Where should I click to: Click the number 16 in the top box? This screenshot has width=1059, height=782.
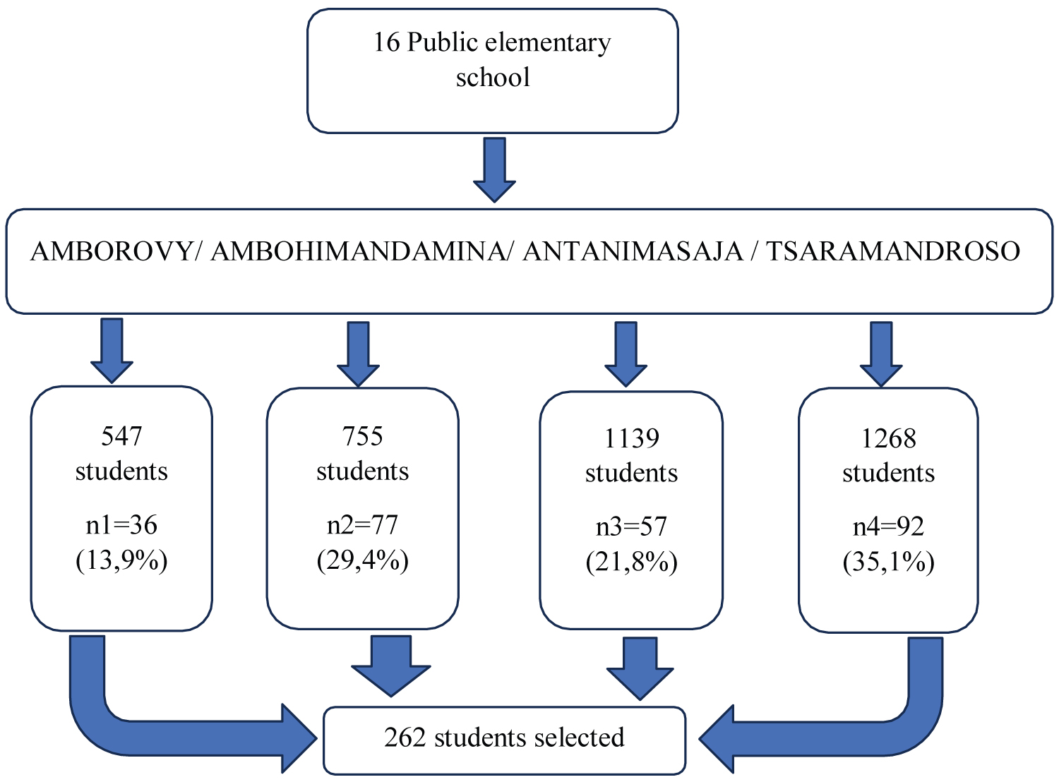click(386, 43)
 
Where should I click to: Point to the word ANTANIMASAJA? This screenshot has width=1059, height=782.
click(633, 252)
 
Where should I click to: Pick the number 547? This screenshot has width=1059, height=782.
click(121, 436)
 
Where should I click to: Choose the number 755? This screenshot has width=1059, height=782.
click(362, 436)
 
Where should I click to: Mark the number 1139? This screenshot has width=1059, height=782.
click(631, 438)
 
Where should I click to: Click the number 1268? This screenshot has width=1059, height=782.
click(888, 438)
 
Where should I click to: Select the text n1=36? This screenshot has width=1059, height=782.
click(121, 525)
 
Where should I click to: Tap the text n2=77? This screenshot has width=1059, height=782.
click(362, 525)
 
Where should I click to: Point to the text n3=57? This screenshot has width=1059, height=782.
click(631, 527)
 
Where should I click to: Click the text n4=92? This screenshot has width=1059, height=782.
click(888, 527)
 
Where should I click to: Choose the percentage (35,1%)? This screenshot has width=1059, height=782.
click(888, 563)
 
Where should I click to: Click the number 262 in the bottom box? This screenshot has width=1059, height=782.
click(405, 738)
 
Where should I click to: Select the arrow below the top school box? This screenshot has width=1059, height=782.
click(494, 169)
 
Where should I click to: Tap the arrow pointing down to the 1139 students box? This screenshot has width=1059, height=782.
click(626, 353)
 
